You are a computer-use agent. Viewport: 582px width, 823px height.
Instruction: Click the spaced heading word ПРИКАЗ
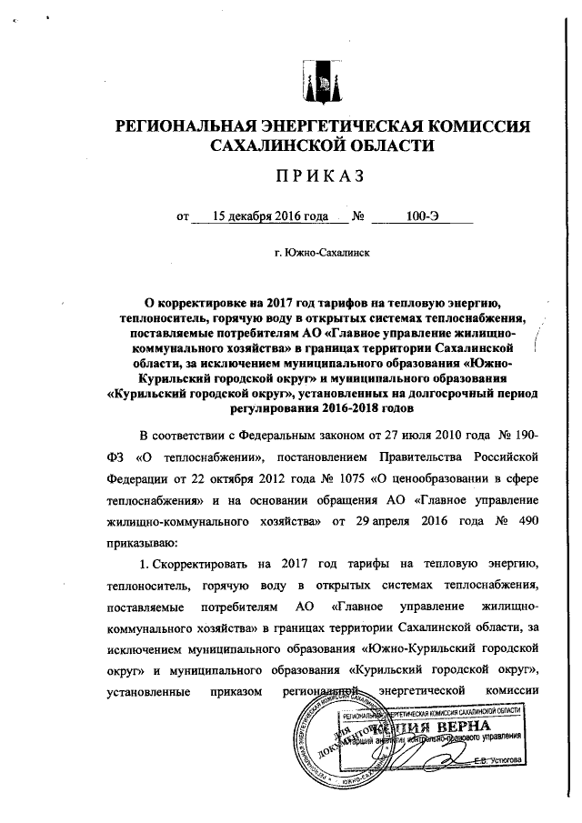317,176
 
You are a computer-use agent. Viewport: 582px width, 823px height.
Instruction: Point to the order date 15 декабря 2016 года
270,216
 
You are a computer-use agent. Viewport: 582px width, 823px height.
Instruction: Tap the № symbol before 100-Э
358,216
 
